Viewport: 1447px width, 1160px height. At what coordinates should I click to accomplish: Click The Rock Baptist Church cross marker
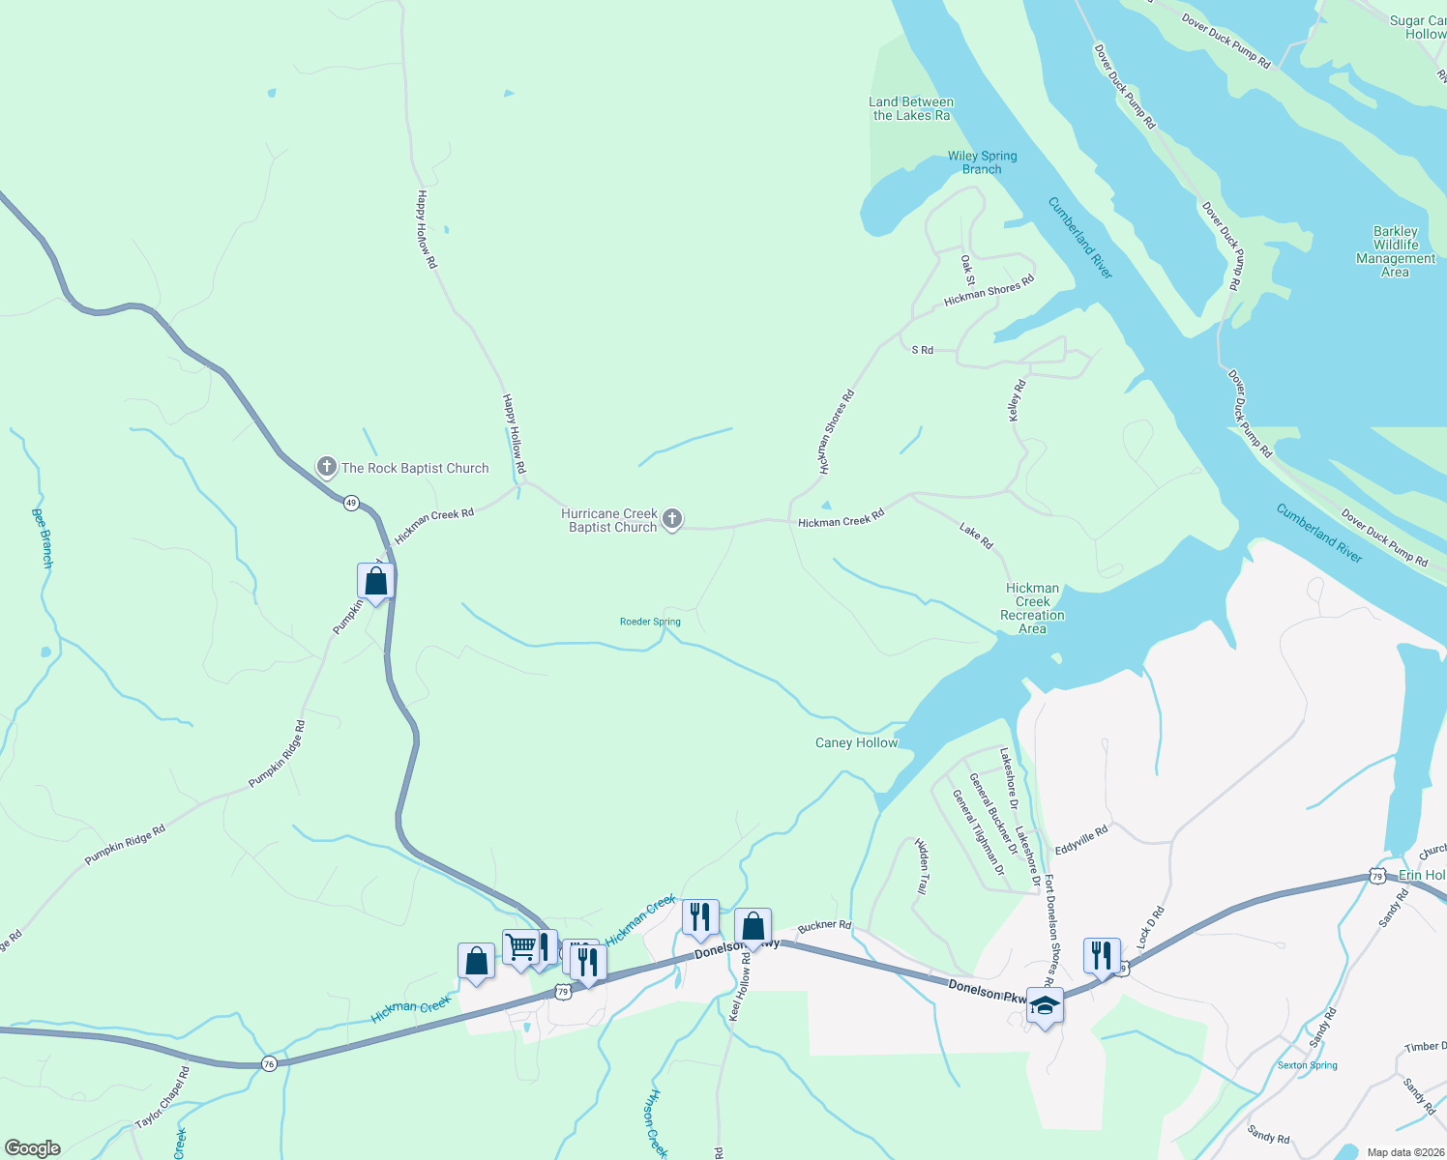[327, 468]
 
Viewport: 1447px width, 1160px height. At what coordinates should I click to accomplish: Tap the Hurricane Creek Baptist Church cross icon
[672, 520]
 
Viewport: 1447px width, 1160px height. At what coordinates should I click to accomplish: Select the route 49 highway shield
[350, 503]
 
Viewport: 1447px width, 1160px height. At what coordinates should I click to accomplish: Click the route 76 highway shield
[269, 1063]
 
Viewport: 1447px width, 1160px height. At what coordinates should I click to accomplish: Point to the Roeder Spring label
[650, 623]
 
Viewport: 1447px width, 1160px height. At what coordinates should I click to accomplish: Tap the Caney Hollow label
[856, 743]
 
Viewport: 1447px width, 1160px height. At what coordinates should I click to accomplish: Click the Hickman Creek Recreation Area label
[1032, 608]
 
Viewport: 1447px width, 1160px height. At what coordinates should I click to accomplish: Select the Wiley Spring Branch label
[982, 162]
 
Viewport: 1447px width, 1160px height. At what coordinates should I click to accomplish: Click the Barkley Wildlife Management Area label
[1395, 251]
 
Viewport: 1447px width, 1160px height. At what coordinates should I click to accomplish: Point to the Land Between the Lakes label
[911, 108]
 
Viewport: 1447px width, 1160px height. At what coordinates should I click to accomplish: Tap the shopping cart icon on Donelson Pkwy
[520, 946]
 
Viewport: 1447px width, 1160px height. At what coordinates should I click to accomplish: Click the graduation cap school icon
[1045, 1006]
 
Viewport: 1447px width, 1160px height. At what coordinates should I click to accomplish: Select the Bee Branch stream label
[43, 537]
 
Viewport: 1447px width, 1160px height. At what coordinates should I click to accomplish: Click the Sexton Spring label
[1307, 1065]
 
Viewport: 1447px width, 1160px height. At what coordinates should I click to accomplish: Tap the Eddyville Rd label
[1081, 840]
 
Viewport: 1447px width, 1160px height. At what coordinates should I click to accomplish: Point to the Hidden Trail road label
[923, 865]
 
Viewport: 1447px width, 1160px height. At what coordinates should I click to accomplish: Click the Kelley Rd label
[1017, 399]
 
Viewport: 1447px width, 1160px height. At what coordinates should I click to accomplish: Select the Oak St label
[967, 270]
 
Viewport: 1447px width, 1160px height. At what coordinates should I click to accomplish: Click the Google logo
[32, 1148]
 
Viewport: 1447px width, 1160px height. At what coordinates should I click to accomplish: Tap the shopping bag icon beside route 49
[375, 581]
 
